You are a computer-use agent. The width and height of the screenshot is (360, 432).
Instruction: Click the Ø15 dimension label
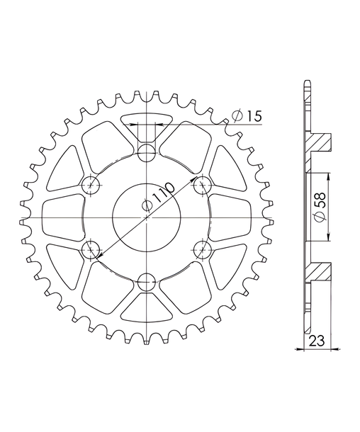[247, 117]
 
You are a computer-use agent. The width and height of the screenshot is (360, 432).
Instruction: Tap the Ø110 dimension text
[158, 197]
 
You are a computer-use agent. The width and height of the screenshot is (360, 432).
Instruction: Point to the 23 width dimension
[317, 341]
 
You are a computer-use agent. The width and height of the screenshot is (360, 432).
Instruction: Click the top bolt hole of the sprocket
[147, 153]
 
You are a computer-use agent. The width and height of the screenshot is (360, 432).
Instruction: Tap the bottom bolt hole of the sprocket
[147, 283]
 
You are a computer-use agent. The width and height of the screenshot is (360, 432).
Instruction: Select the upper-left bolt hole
[91, 185]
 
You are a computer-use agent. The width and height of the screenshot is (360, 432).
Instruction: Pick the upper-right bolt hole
[203, 185]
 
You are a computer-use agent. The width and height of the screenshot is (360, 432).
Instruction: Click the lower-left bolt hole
[91, 250]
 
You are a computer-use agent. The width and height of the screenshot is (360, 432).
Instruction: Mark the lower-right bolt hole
[203, 250]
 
